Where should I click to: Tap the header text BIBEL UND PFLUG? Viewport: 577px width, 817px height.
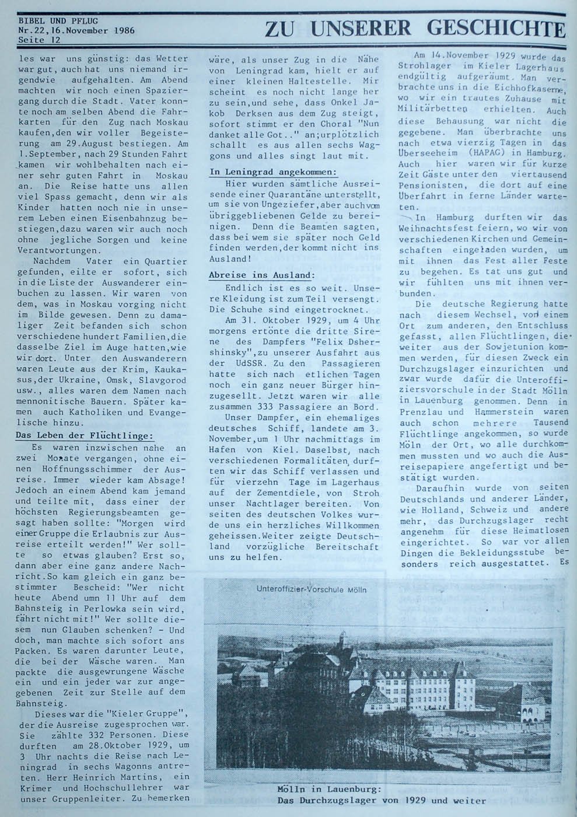point(52,20)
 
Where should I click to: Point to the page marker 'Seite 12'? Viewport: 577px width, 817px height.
point(39,40)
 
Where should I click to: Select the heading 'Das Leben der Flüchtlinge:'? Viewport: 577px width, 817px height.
point(83,435)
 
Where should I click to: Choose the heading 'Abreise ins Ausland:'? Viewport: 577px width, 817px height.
point(261,275)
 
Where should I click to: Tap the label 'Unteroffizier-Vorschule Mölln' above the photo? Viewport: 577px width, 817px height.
point(311,589)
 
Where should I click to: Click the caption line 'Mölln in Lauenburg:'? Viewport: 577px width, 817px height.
point(330,790)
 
